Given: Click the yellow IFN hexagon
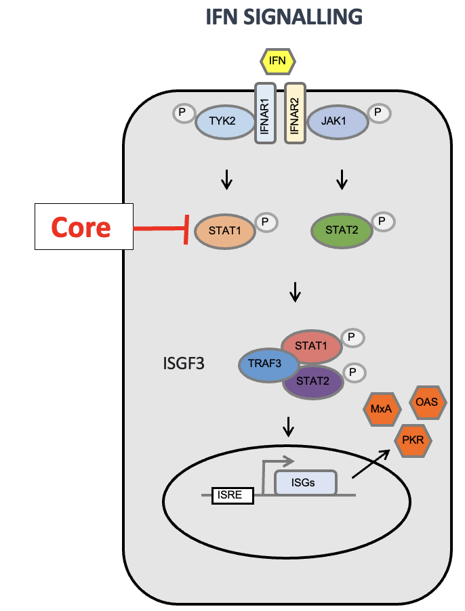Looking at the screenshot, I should tap(278, 62).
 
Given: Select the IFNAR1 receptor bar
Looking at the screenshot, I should tap(265, 112).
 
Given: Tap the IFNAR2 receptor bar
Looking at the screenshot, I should tap(295, 112).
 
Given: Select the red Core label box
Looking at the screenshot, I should tap(82, 228).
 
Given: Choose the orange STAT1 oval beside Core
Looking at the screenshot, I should tap(224, 230).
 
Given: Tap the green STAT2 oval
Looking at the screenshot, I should tap(341, 230).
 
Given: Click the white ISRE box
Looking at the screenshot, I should tap(232, 496).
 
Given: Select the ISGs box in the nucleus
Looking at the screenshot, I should tap(305, 483).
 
